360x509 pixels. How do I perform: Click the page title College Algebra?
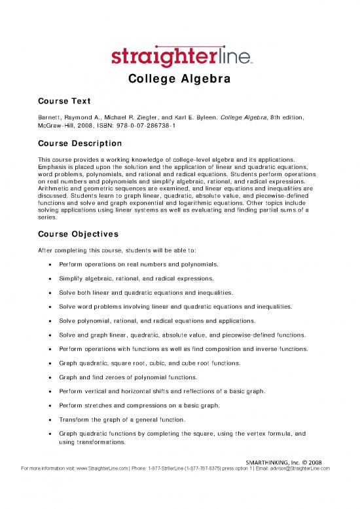point(179,81)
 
